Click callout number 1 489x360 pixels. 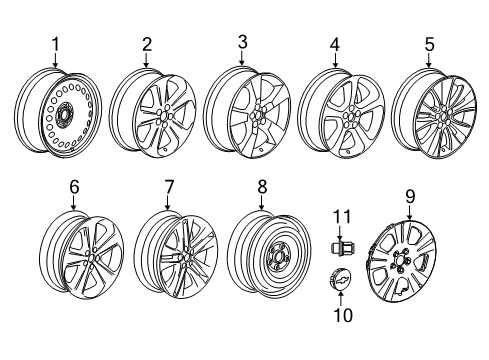pos(56,44)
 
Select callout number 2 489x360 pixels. pos(146,44)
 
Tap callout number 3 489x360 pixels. pos(241,40)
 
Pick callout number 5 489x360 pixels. pos(430,44)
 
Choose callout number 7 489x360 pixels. pos(168,187)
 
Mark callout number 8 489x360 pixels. pos(262,187)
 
